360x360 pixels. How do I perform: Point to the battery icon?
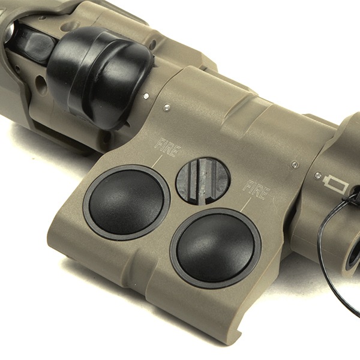click(335, 183)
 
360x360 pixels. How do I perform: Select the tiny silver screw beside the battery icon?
click(318, 175)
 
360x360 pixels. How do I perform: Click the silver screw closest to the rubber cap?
click(145, 95)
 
